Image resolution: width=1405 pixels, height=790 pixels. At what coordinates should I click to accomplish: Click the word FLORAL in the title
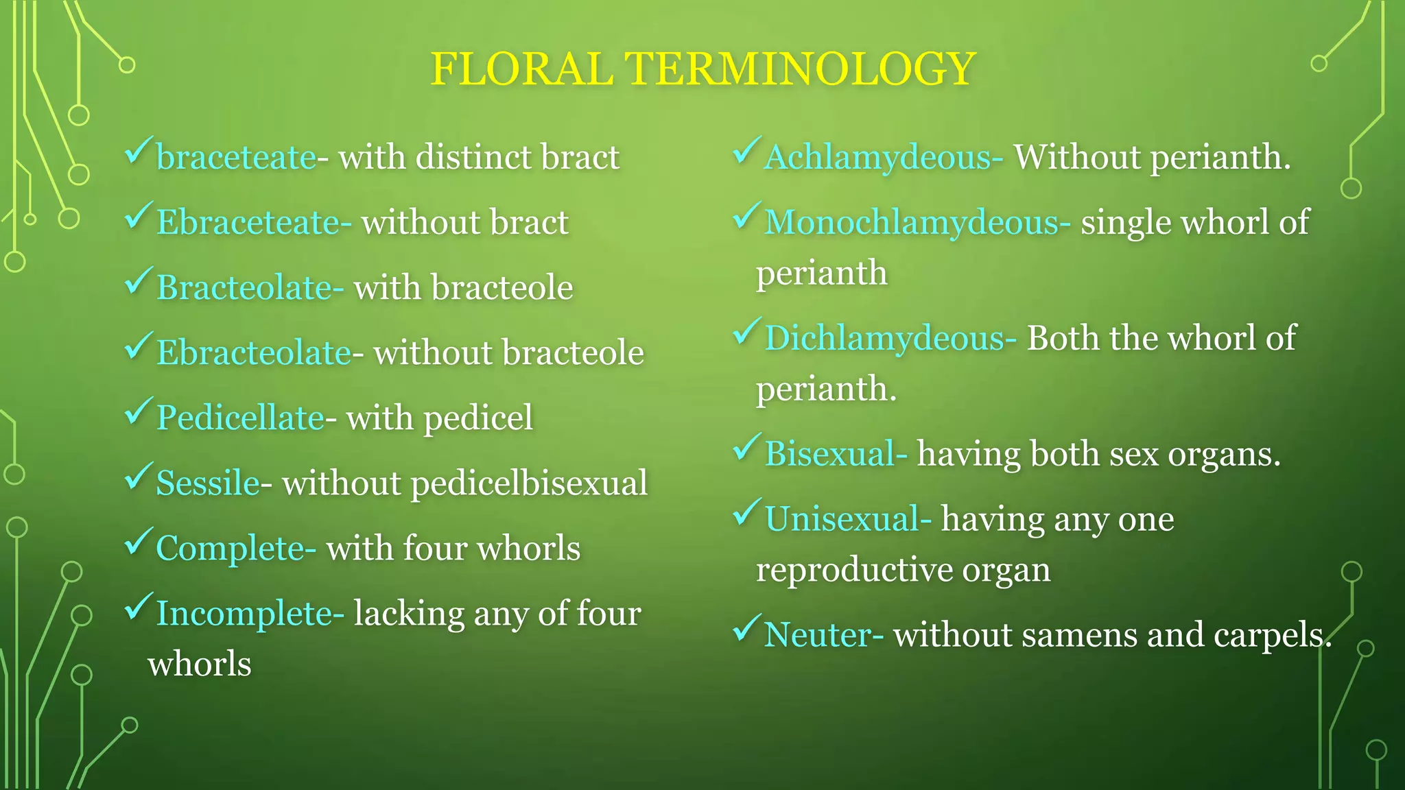(x=521, y=69)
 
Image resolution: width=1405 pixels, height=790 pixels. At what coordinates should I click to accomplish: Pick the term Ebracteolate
(x=254, y=353)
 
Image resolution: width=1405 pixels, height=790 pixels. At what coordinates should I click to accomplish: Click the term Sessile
(x=208, y=483)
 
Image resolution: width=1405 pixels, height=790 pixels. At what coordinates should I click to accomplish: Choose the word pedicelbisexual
(x=528, y=483)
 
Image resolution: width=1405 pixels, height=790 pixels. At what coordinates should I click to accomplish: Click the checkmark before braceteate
(x=138, y=151)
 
